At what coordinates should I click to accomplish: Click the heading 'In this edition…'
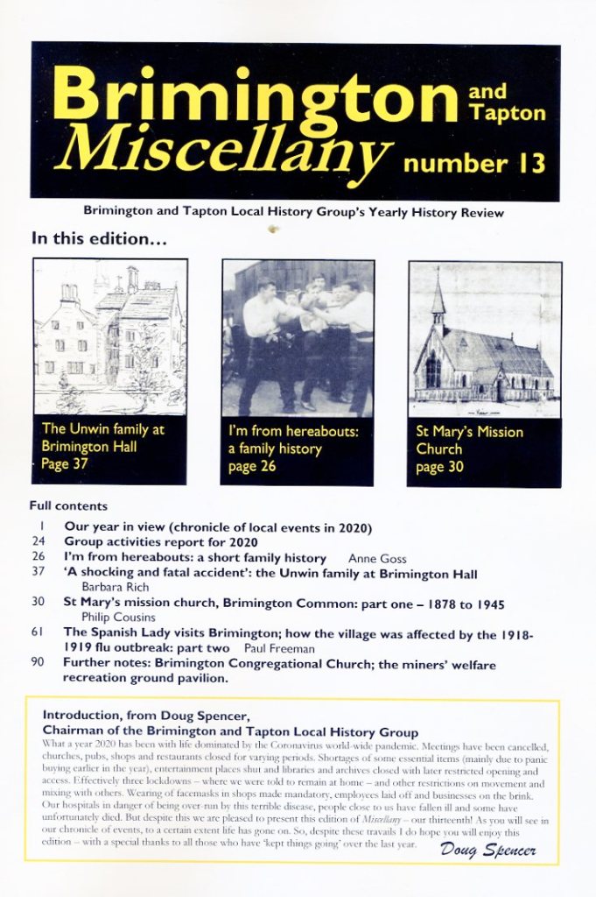[99, 238]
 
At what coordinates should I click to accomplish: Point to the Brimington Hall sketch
[110, 336]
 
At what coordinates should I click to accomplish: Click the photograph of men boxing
[298, 337]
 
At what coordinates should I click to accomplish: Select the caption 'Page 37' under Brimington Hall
[65, 463]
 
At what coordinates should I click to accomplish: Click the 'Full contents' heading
[68, 505]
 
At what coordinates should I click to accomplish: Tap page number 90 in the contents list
[37, 662]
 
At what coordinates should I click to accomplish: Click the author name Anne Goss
[377, 558]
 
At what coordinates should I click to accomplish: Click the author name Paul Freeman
[284, 647]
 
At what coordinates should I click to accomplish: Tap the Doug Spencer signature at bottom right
[488, 849]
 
